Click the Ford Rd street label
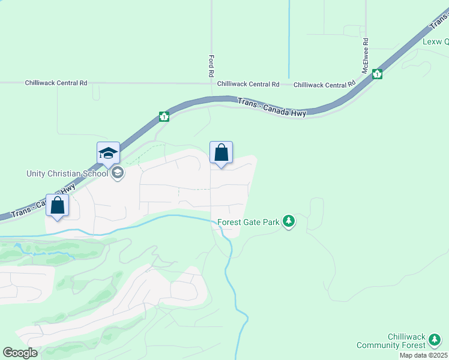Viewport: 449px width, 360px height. pyautogui.click(x=211, y=65)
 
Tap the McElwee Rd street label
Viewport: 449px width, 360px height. pyautogui.click(x=365, y=55)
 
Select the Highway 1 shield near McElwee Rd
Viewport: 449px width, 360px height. pyautogui.click(x=377, y=74)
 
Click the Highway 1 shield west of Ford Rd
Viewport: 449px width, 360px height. pyautogui.click(x=164, y=116)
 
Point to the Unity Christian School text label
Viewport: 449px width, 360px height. pyautogui.click(x=67, y=173)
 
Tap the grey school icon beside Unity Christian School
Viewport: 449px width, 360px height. pyautogui.click(x=118, y=173)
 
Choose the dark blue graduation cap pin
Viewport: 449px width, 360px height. pyautogui.click(x=109, y=154)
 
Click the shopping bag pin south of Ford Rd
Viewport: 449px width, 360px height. pyautogui.click(x=221, y=153)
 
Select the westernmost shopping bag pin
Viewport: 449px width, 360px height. pyautogui.click(x=58, y=205)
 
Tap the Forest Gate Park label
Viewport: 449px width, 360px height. pyautogui.click(x=249, y=222)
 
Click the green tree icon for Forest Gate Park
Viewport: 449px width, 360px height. pyautogui.click(x=289, y=221)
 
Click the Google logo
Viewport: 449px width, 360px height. pyautogui.click(x=20, y=353)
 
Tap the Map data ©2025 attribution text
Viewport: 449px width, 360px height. pyautogui.click(x=423, y=355)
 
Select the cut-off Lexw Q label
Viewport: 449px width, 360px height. pyautogui.click(x=435, y=41)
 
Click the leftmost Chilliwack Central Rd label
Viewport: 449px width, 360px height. pyautogui.click(x=56, y=83)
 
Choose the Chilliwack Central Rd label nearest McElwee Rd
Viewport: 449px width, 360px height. pyautogui.click(x=325, y=85)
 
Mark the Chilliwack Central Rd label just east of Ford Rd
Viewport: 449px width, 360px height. pyautogui.click(x=249, y=85)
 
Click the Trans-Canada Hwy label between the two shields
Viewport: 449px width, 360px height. pyautogui.click(x=272, y=108)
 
